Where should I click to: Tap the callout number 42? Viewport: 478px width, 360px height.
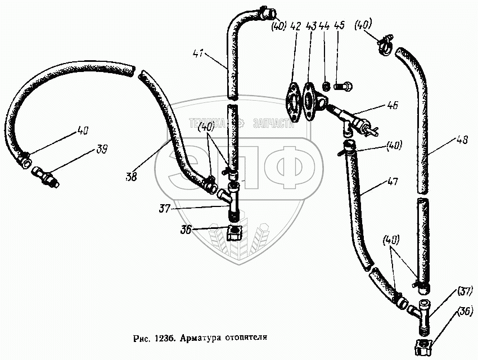pyautogui.click(x=296, y=26)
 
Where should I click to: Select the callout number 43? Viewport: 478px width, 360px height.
pyautogui.click(x=311, y=26)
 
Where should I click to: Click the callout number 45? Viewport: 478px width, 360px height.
pyautogui.click(x=339, y=26)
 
